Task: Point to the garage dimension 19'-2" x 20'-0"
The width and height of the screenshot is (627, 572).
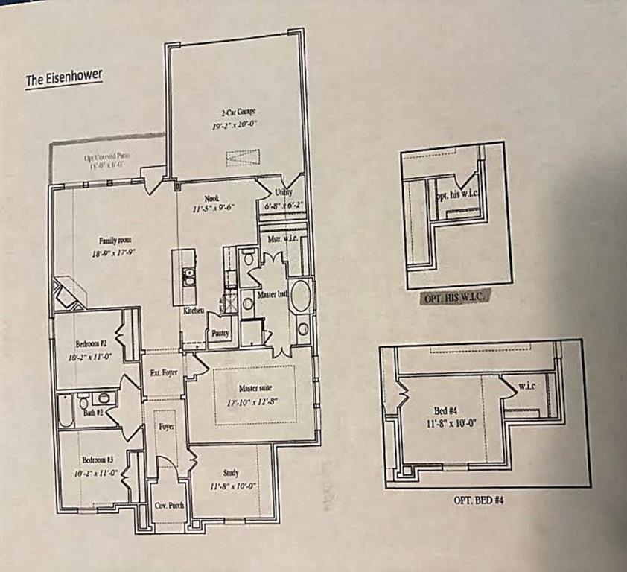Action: pos(233,127)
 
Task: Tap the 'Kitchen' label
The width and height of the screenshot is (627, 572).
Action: pos(194,311)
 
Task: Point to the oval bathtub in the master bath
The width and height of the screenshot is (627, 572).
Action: pos(301,296)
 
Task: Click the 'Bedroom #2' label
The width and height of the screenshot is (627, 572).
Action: pos(92,344)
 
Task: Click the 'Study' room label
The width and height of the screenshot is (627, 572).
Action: pos(230,473)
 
